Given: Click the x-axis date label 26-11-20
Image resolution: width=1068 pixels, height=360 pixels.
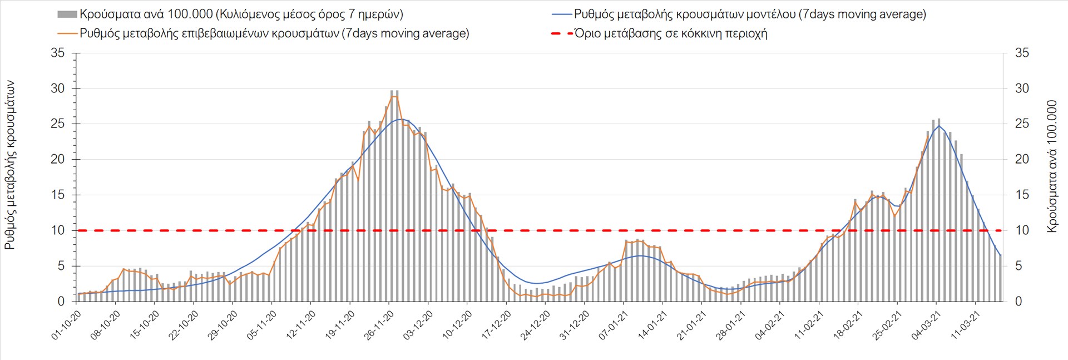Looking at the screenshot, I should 379,325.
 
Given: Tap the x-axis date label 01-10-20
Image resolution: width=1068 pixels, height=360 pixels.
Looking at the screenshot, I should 67,325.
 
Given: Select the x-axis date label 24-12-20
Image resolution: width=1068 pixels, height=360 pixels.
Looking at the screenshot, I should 536,325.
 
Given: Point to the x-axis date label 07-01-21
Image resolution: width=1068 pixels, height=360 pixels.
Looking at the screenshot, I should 614,325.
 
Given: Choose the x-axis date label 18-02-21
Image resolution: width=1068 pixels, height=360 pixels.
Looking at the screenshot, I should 848,325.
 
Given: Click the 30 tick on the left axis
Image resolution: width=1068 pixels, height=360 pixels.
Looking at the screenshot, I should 58,88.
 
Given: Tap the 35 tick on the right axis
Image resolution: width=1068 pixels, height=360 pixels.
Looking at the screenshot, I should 1022,53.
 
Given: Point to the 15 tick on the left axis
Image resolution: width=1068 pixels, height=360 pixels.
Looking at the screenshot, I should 58,195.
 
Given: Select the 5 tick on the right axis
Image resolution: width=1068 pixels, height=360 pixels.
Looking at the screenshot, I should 1018,266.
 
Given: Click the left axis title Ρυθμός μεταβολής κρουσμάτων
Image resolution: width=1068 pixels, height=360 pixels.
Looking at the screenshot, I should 10,165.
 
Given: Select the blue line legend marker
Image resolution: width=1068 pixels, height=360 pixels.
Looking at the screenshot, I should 561,14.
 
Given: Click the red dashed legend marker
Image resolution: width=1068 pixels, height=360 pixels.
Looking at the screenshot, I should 561,33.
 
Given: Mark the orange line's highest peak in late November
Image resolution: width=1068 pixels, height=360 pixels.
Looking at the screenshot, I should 394,96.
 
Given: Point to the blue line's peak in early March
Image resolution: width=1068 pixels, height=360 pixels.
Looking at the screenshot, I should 939,126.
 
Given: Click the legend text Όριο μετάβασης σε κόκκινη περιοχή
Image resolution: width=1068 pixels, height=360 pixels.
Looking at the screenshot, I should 671,33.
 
